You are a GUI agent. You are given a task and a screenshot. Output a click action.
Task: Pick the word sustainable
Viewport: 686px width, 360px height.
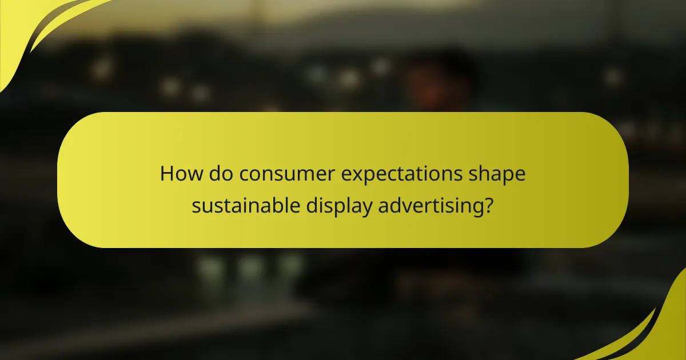(244, 205)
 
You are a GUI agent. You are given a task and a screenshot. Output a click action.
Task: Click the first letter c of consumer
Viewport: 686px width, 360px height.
(245, 174)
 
